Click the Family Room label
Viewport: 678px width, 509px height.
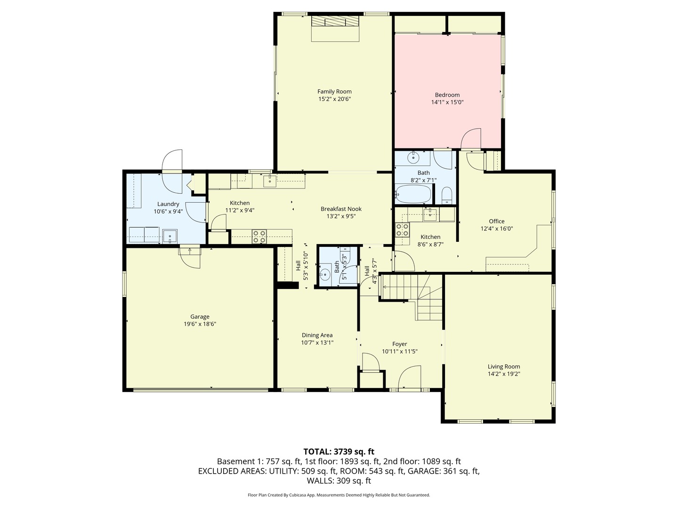point(334,91)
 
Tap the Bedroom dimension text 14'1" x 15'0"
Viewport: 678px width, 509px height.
point(447,102)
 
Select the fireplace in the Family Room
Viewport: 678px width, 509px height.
point(335,22)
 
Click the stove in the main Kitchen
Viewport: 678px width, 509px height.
point(259,236)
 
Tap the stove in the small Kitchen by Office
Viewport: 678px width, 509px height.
point(402,230)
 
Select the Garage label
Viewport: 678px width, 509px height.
point(200,317)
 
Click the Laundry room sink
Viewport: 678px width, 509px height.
point(169,236)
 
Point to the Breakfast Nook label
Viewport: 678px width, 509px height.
point(341,209)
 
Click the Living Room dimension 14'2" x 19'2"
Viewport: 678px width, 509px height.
point(504,374)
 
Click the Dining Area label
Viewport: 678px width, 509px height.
point(317,335)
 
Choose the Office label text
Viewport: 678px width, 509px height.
point(496,221)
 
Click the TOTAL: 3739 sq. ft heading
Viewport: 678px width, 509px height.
point(339,452)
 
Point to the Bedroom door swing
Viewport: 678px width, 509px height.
point(471,139)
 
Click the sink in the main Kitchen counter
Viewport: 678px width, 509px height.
point(270,181)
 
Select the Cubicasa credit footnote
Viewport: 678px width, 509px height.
point(339,495)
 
